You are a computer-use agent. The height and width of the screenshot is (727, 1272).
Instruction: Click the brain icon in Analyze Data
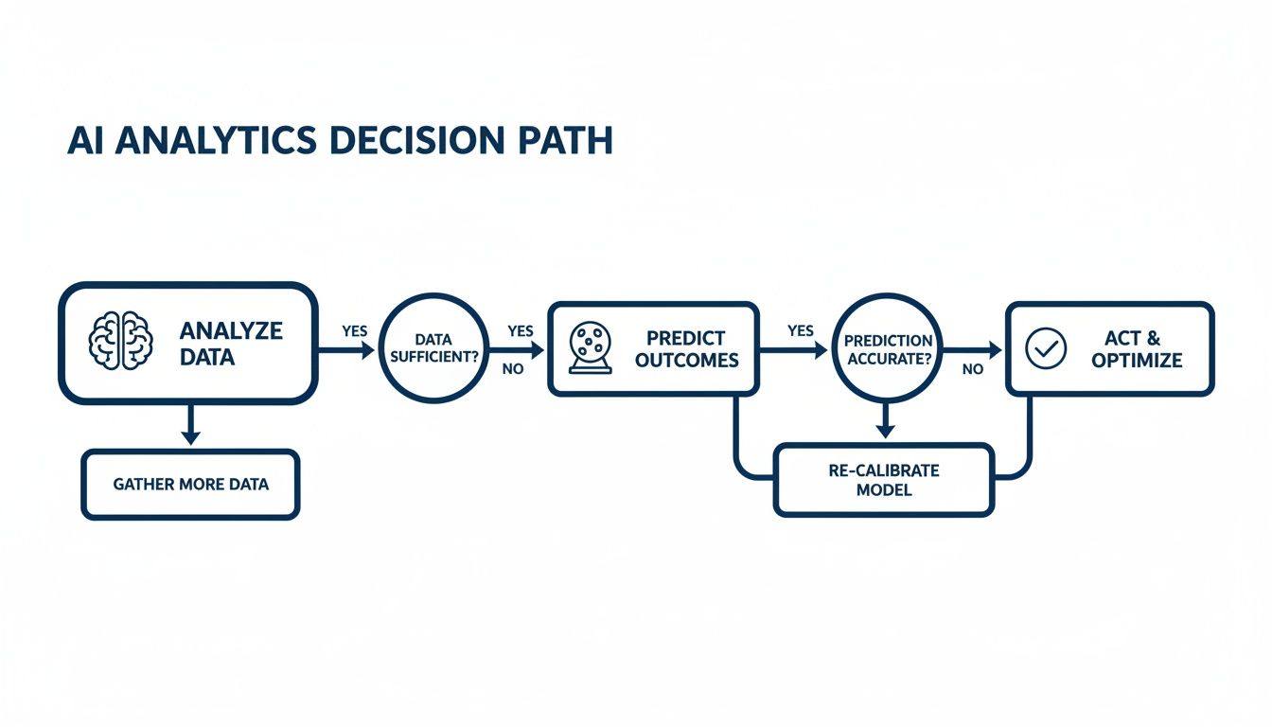tap(119, 343)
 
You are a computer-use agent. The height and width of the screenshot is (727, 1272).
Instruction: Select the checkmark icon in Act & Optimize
tap(1046, 348)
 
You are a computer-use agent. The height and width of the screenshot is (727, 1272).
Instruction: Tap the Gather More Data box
tap(190, 484)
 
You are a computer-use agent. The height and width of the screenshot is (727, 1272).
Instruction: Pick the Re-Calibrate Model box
tap(884, 480)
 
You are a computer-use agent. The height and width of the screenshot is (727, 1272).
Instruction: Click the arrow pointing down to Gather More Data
tap(190, 426)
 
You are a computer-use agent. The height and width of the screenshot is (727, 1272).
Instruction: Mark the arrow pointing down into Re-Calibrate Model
tap(885, 422)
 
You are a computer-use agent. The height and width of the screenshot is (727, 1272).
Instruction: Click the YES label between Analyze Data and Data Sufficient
tap(355, 332)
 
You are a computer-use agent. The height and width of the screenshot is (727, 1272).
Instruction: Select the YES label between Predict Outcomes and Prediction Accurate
tap(800, 331)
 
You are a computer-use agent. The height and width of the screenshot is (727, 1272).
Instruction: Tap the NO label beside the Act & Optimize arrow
tap(972, 369)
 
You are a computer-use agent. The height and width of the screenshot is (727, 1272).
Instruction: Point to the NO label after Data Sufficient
tap(512, 369)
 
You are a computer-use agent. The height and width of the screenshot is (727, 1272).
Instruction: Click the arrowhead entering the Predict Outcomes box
tap(538, 349)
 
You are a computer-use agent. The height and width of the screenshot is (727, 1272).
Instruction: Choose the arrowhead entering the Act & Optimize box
tap(994, 349)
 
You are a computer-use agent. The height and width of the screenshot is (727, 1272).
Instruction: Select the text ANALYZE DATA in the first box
tap(231, 345)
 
